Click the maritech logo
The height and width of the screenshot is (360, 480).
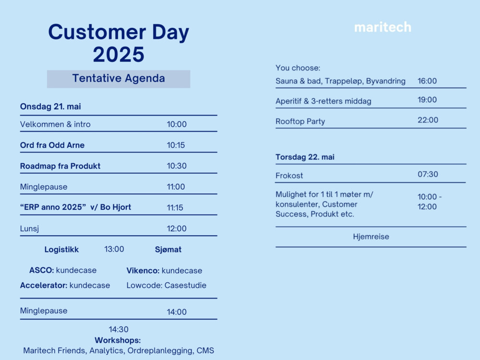[383, 27]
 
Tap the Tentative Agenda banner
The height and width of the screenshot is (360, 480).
[119, 79]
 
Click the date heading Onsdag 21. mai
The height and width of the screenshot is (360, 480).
[50, 107]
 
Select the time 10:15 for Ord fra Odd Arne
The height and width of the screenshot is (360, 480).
[176, 145]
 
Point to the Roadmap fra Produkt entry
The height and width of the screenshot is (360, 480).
[60, 166]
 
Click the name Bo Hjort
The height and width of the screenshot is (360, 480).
[115, 207]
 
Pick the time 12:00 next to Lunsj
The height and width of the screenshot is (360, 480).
[177, 228]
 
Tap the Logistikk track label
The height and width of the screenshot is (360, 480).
[61, 250]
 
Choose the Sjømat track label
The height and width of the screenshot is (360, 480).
[168, 250]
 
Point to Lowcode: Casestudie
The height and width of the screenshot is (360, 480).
[166, 285]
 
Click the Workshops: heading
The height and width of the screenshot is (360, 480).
[118, 340]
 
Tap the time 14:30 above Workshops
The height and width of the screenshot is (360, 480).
[119, 329]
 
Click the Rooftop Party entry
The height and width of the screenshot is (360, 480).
[300, 121]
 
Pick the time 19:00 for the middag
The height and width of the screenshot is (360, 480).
[427, 100]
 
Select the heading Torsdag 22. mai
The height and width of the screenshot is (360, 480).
[305, 157]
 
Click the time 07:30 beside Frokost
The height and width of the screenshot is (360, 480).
[428, 174]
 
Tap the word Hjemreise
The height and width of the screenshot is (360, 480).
[371, 237]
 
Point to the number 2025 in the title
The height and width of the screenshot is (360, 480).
[119, 55]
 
